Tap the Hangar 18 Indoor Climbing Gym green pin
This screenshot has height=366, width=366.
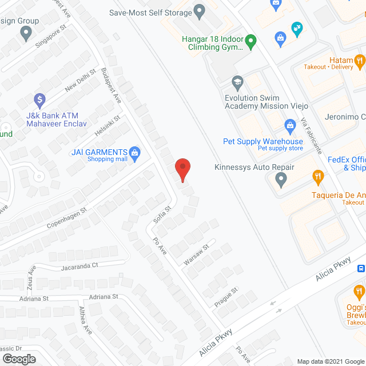(250, 41)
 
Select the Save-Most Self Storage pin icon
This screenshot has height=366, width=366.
(200, 10)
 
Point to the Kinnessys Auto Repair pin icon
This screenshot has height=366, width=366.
(281, 181)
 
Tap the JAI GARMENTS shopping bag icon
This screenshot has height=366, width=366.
(135, 152)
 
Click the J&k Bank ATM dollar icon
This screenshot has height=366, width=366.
(39, 101)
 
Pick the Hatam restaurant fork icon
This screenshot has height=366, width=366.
(360, 59)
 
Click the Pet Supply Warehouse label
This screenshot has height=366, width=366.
(263, 141)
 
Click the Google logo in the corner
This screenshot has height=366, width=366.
(19, 358)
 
